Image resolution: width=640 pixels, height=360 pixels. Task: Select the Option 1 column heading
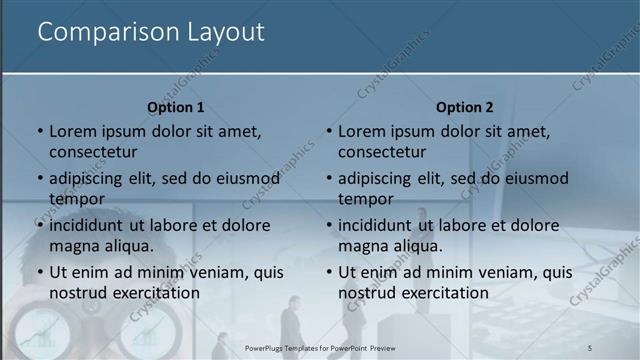pos(176,107)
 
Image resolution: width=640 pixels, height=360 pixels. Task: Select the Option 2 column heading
pos(465,107)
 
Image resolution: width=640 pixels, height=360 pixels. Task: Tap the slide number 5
pos(590,347)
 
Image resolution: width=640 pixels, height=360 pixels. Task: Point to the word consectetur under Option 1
pos(93,152)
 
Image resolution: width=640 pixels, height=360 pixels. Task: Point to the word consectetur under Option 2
pos(382,152)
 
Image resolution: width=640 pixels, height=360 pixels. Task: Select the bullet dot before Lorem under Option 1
pos(40,132)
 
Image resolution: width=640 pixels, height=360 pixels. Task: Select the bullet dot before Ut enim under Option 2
pos(329,273)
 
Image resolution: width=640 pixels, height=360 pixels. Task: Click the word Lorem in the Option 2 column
pos(362,131)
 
